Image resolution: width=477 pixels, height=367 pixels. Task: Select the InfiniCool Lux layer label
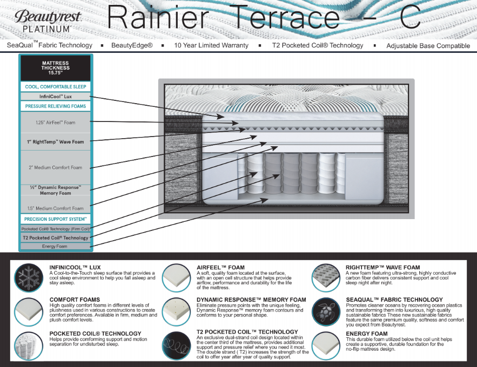tap(55, 96)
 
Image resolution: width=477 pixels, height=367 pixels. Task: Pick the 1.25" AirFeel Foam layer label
tap(55, 123)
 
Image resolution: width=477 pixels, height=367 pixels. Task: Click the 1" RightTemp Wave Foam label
tap(55, 142)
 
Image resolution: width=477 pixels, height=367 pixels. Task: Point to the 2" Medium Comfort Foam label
tap(55, 167)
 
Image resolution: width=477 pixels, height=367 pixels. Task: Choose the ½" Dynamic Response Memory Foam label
tap(55, 190)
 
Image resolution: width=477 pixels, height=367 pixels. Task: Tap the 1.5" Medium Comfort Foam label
tap(55, 208)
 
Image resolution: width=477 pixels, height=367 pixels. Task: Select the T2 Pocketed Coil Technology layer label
tap(55, 237)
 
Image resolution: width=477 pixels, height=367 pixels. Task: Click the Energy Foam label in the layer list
tap(55, 246)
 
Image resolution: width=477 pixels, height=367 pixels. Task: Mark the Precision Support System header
tap(55, 219)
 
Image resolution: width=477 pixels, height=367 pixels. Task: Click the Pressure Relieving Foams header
tap(55, 106)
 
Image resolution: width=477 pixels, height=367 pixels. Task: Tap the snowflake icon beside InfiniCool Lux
tap(29, 278)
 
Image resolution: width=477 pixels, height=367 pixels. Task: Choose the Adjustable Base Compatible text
tap(428, 46)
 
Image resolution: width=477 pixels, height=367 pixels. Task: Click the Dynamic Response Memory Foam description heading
tap(251, 300)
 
